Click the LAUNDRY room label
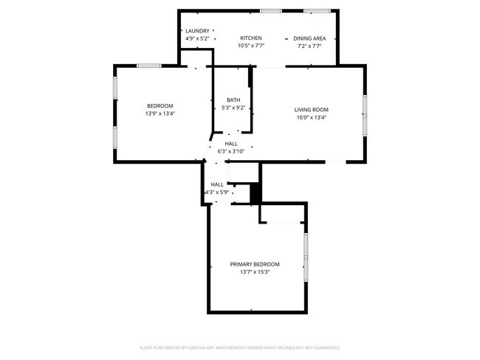point(197,30)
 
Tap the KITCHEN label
point(251,38)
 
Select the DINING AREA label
point(310,38)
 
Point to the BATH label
point(233,100)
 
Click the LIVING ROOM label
point(311,109)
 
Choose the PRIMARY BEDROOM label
point(255,264)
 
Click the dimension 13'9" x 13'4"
point(160,114)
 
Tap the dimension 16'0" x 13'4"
point(311,117)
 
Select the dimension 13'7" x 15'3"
point(255,271)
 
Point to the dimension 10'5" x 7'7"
point(251,45)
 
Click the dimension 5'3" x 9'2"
point(233,108)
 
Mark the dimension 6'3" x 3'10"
point(231,151)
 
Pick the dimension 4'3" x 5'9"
point(217,193)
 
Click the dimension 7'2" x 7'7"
point(310,45)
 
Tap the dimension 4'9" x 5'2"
point(197,38)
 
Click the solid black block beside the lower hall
point(256,193)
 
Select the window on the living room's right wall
point(364,114)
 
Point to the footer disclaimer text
point(239,347)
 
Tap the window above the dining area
point(318,10)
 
